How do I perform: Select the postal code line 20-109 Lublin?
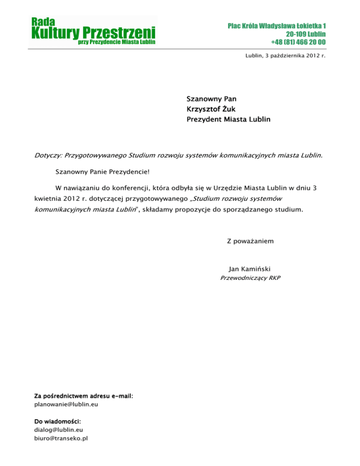click(306, 34)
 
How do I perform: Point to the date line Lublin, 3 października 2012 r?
click(285, 56)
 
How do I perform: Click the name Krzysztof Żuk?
click(209, 109)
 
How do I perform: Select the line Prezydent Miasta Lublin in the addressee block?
click(228, 120)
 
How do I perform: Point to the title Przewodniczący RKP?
click(250, 278)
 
